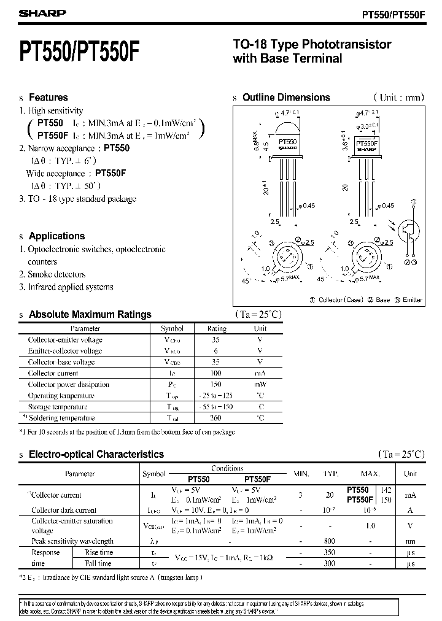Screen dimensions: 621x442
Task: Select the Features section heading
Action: point(48,97)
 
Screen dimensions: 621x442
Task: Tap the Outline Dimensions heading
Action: point(286,97)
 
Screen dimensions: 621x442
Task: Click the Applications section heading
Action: point(56,236)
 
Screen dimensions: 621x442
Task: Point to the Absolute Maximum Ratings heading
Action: point(90,314)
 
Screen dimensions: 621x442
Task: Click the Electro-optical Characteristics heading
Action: point(96,454)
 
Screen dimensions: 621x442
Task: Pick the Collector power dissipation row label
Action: point(68,384)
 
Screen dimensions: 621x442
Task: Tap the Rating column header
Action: point(217,328)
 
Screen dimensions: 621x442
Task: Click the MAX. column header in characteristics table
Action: point(370,474)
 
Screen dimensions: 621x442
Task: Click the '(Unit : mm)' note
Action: point(398,97)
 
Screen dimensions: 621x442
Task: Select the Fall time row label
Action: point(98,563)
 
